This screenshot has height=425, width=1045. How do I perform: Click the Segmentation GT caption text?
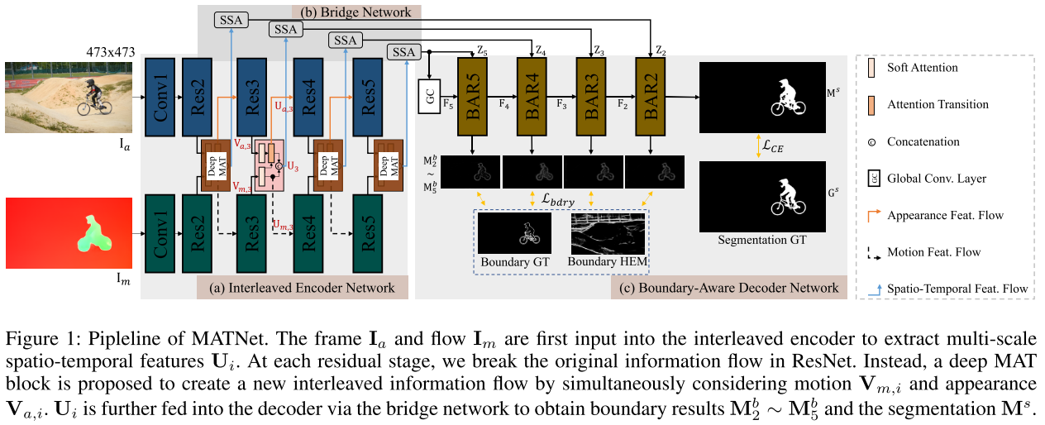761,240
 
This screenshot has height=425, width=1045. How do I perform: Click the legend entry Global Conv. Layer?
936,178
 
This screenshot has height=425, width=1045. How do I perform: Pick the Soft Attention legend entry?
922,67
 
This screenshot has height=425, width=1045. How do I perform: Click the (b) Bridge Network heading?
355,11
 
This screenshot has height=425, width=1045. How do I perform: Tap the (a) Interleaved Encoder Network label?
302,288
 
